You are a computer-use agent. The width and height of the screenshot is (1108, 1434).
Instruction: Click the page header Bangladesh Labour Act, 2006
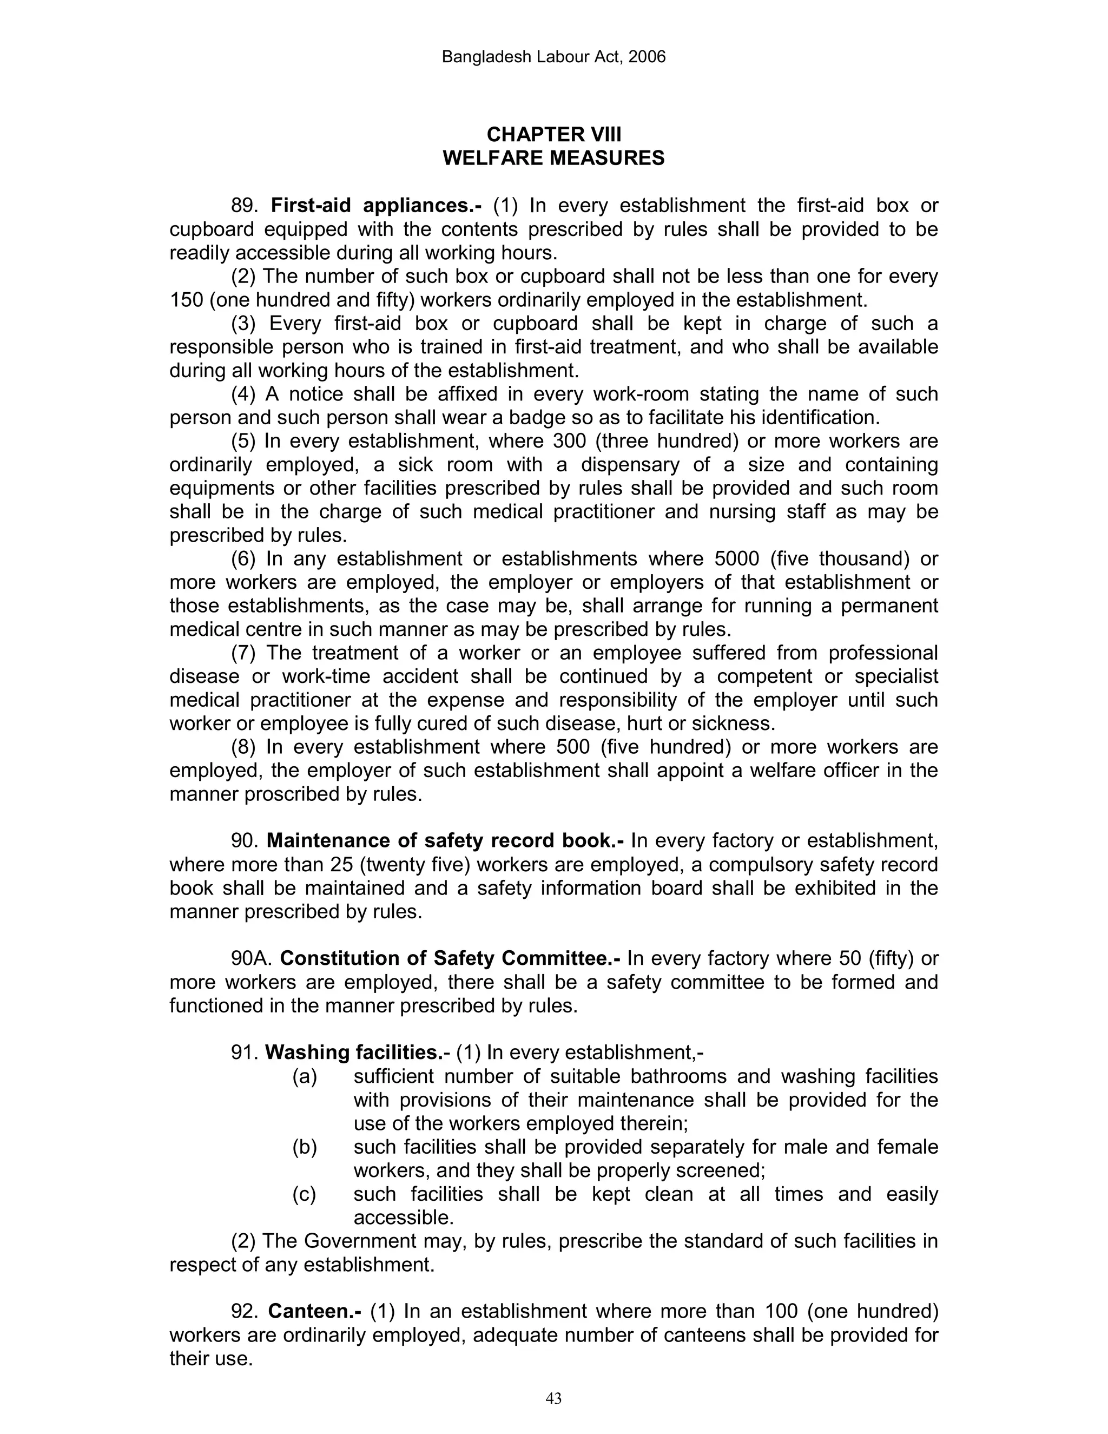pos(553,57)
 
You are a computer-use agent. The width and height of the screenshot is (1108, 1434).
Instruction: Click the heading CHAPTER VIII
pos(553,135)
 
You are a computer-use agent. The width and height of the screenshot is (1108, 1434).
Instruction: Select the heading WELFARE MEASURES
pos(553,158)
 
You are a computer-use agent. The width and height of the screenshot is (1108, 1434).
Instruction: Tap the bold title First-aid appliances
pos(375,206)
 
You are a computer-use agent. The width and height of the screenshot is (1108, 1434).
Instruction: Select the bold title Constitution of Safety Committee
pos(450,959)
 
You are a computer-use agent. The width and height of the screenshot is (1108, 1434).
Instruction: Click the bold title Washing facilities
pos(354,1053)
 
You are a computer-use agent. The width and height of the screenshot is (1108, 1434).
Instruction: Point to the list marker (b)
pos(304,1147)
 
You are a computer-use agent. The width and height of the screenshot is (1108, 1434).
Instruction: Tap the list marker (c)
pos(304,1194)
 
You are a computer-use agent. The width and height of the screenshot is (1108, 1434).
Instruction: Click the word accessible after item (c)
pos(403,1218)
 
